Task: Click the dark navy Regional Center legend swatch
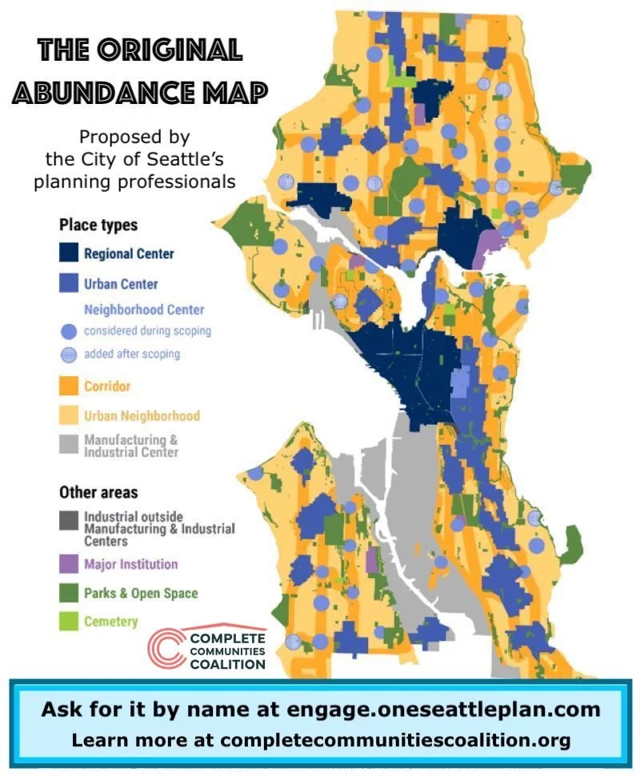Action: pos(70,254)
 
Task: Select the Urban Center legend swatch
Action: pos(70,282)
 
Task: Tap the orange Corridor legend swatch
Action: pos(70,386)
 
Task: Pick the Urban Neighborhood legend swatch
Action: pos(70,415)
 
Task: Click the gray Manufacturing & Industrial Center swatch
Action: pos(70,445)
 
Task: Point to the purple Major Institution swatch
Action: pos(70,563)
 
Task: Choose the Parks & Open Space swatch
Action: pos(70,593)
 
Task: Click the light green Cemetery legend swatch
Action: pos(70,621)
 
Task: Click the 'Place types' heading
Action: pos(98,226)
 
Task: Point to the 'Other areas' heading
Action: pos(98,492)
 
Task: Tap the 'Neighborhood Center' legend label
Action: pos(144,310)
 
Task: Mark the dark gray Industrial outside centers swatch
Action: pos(70,518)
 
